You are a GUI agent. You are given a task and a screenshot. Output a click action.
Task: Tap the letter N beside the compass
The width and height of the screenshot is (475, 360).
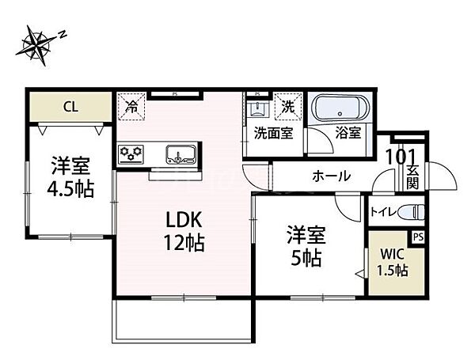tap(63, 34)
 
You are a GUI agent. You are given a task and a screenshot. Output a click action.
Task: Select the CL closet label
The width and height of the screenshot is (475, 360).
tap(71, 107)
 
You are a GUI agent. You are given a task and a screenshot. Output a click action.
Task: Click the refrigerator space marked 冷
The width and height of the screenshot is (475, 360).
tap(131, 107)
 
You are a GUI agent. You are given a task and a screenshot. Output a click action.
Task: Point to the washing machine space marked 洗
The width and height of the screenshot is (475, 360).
tap(288, 107)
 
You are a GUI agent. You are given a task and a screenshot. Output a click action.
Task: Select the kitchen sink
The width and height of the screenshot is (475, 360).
tap(180, 154)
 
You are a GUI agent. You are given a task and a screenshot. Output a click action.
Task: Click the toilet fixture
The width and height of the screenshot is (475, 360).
tap(412, 211)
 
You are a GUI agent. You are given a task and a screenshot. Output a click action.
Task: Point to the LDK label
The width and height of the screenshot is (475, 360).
tap(184, 220)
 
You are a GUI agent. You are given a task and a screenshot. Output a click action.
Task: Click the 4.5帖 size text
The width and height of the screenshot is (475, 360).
tap(70, 189)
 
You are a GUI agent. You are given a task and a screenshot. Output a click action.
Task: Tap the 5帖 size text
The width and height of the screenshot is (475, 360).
tap(306, 258)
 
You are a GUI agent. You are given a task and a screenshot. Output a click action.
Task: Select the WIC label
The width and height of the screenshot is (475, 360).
tap(393, 254)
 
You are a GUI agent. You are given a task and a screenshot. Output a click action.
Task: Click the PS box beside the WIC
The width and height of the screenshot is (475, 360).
tap(418, 237)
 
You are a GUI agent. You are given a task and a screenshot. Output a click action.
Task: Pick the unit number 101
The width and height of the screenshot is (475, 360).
tap(401, 157)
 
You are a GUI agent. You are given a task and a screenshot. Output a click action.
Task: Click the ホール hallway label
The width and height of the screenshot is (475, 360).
tap(332, 176)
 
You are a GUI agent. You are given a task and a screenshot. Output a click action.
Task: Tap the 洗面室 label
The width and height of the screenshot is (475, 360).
tap(274, 133)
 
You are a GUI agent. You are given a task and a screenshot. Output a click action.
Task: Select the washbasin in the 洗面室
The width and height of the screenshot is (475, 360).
tap(257, 109)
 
